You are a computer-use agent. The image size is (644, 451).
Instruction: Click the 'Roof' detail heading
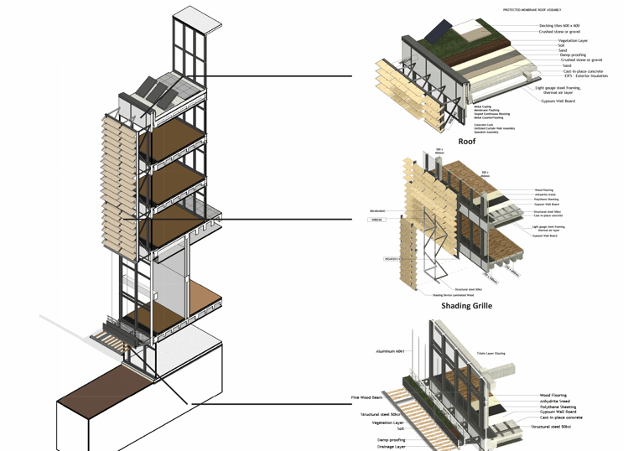pos(466,142)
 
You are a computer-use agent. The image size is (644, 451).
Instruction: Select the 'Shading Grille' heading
pos(466,306)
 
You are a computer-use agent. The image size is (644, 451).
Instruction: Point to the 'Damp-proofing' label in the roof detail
pos(572,55)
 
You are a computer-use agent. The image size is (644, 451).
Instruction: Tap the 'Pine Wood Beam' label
pos(366,397)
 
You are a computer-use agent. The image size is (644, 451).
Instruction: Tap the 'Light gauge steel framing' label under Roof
pos(563,87)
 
